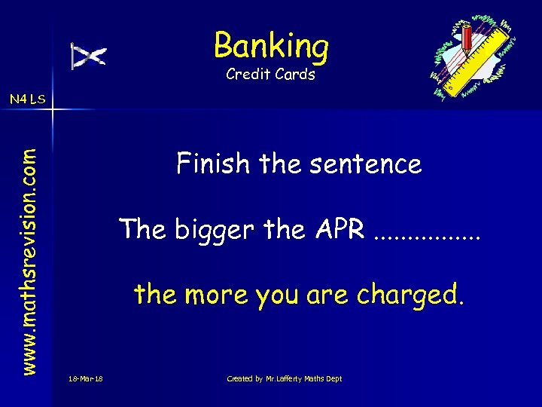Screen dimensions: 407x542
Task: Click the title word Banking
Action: click(271, 46)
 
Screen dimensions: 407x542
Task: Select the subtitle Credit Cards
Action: click(271, 75)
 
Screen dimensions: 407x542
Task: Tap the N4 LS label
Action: click(27, 98)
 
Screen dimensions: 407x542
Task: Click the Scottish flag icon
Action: click(89, 56)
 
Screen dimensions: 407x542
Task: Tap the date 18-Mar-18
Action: click(85, 378)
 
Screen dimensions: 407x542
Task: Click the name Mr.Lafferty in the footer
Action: click(283, 378)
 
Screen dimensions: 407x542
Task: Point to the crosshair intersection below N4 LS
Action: click(53, 110)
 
